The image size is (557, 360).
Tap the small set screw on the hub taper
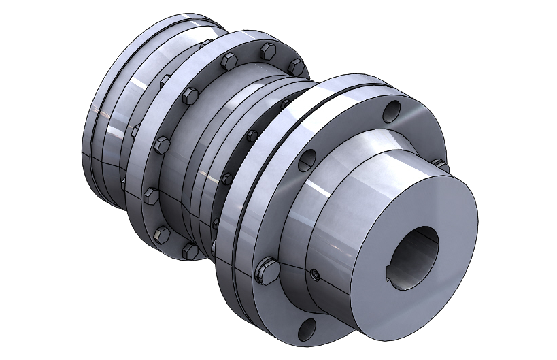click(315, 274)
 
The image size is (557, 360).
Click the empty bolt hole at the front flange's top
click(392, 111)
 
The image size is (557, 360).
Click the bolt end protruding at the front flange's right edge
click(441, 165)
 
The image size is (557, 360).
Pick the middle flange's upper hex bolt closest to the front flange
click(295, 66)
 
